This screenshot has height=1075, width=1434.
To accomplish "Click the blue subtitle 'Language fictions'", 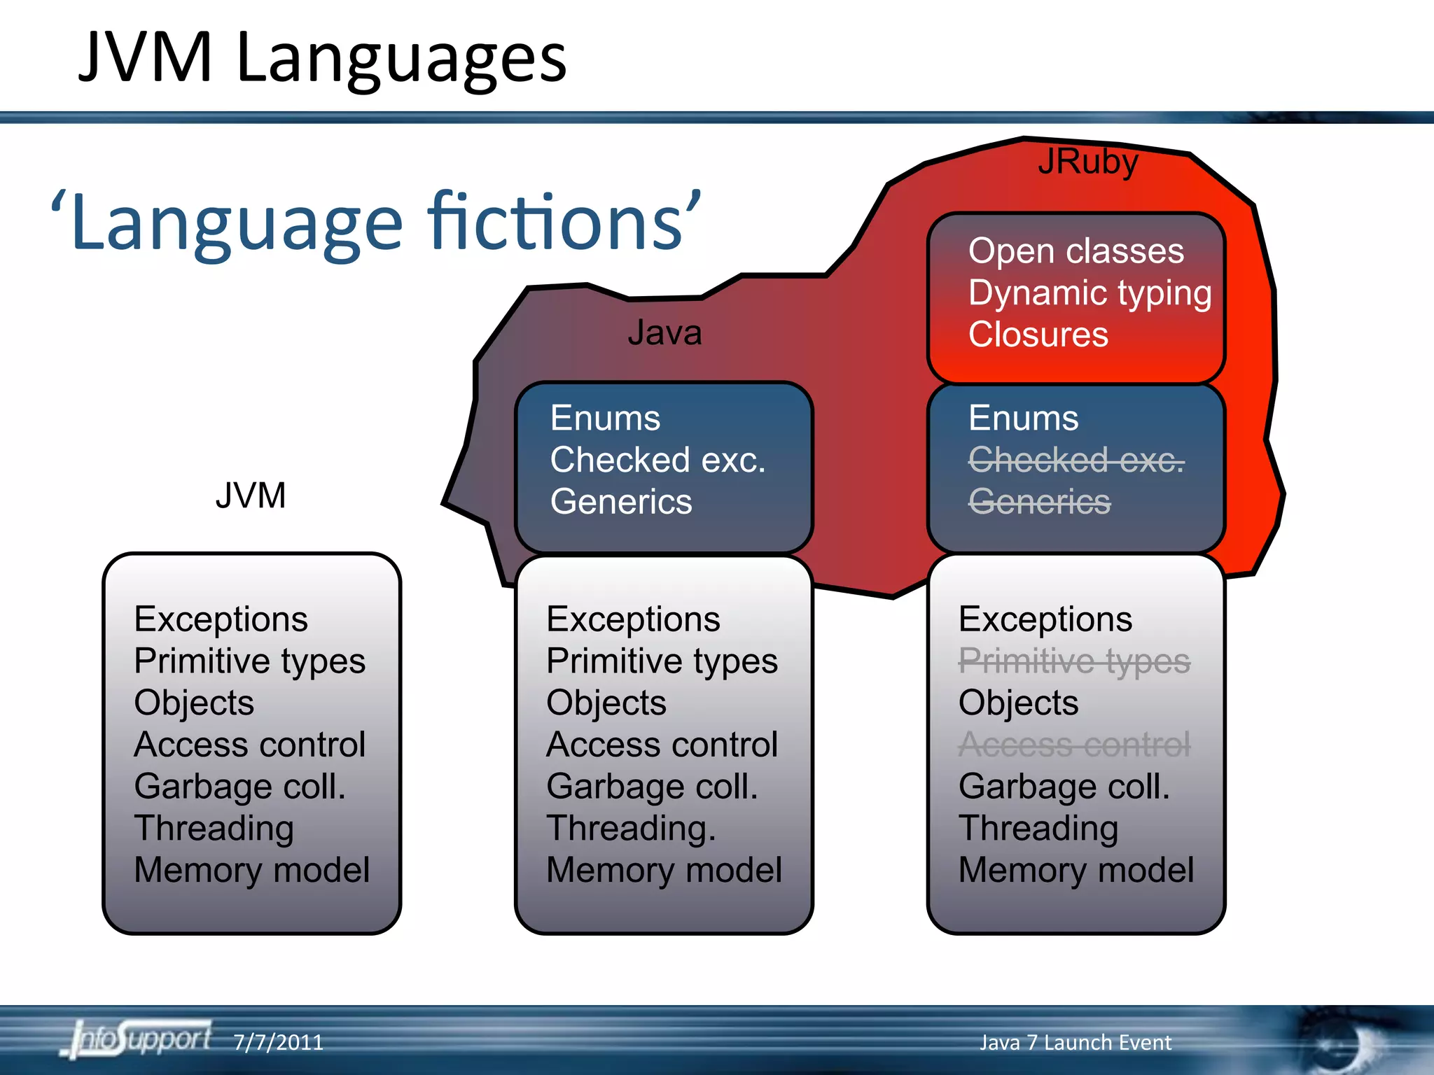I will click(x=376, y=223).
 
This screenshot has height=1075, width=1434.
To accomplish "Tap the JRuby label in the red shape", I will click(x=1088, y=162).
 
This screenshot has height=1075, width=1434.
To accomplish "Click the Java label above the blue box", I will click(x=664, y=332).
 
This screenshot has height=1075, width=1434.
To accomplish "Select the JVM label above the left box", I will click(x=251, y=496).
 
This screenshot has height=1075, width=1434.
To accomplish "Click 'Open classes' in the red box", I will click(x=1075, y=251).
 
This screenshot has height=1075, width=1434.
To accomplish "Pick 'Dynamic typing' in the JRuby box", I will click(x=1090, y=293).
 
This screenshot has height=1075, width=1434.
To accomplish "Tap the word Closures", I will click(x=1038, y=335).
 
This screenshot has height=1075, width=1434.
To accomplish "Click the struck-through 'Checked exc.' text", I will click(x=1075, y=461).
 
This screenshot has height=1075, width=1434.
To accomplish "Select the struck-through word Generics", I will click(x=1039, y=502).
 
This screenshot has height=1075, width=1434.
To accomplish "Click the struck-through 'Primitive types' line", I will click(x=1073, y=661).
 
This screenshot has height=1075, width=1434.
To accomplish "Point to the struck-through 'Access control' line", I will click(x=1073, y=745).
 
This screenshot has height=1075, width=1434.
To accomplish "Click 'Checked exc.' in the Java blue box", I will click(x=657, y=461).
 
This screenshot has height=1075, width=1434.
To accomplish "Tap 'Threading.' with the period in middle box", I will click(x=631, y=829).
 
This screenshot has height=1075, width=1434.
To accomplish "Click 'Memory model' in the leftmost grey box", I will click(x=251, y=870).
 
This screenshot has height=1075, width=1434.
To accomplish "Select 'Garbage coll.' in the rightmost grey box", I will click(x=1064, y=787).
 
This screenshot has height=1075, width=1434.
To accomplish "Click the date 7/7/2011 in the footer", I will click(x=278, y=1043).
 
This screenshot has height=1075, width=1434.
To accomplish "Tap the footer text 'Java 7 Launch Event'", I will click(x=1075, y=1043).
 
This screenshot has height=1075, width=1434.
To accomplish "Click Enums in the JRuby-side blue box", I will click(x=1023, y=419).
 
